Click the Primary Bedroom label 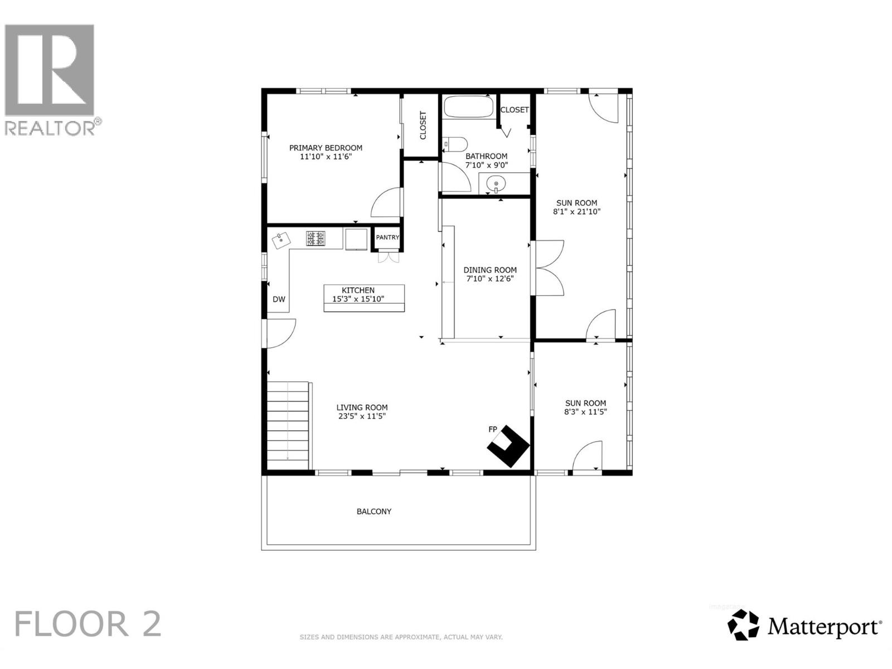coord(326,148)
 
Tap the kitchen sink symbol coord(282,240)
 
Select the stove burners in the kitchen coord(316,239)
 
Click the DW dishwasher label coord(279,299)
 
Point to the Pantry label coord(387,237)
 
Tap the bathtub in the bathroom coord(468,107)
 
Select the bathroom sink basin coord(496,182)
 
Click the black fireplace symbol coord(508,447)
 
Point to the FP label coord(493,429)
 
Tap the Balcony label coord(374,511)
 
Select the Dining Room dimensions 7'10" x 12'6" coord(490,279)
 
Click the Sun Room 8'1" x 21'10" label coord(576,207)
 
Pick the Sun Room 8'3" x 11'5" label coord(585,408)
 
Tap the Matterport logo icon coord(744,625)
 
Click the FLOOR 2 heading coord(88,624)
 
